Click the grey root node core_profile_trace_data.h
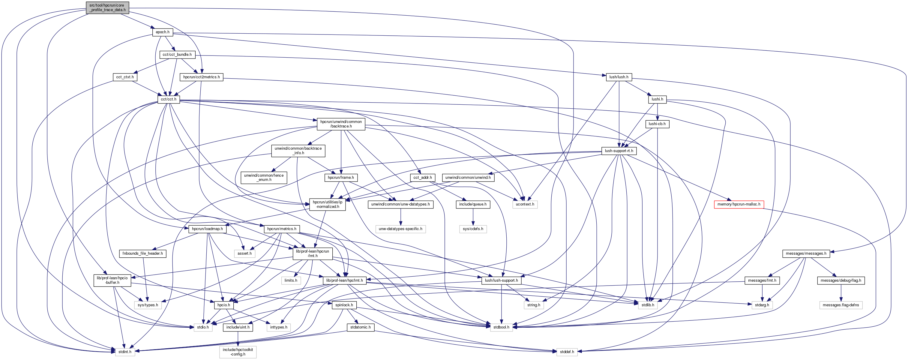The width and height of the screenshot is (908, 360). point(107,7)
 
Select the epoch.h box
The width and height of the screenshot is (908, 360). point(163,32)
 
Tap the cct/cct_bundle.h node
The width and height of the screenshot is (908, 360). point(177,55)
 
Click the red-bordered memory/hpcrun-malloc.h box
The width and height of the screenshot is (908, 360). point(739,205)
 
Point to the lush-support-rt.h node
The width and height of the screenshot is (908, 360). point(619,151)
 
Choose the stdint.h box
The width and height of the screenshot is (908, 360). point(125,352)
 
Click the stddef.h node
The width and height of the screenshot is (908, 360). point(567,352)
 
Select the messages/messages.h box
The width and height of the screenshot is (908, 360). point(806,253)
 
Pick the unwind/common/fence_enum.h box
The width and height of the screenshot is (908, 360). point(264,177)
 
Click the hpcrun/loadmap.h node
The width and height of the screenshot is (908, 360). point(207,229)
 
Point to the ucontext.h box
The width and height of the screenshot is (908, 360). point(525,205)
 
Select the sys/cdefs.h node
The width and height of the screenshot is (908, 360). point(473,229)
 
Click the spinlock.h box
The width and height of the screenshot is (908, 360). point(344,305)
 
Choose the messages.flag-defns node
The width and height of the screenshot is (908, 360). point(841,305)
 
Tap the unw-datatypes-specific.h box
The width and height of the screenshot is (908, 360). point(400,229)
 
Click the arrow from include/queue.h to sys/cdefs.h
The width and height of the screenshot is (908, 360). point(473,217)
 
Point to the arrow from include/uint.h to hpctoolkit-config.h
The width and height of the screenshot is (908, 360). point(238,338)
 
